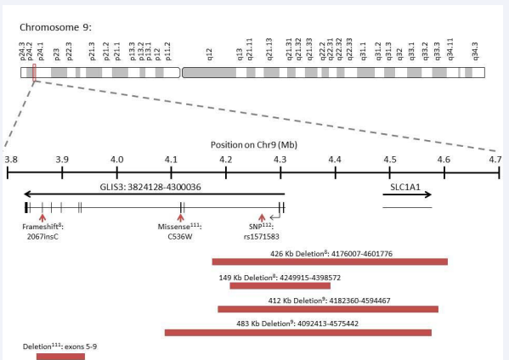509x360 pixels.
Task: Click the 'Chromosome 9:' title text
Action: tap(55, 27)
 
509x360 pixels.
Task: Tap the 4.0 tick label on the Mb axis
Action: tap(117, 160)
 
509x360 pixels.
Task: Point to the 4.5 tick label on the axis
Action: tap(389, 160)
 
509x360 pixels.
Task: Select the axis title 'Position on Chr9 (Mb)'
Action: tap(254, 144)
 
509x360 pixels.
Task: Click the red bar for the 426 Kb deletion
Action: tap(330, 262)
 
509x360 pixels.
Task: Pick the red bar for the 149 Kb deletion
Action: tap(280, 286)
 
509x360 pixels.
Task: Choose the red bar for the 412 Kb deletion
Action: tap(328, 309)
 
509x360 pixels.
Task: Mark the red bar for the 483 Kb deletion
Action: tap(298, 333)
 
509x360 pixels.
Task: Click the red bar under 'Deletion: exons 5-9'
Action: tap(60, 357)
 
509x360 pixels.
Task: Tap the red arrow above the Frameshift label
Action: tap(42, 217)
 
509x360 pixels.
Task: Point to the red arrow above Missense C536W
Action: tap(181, 217)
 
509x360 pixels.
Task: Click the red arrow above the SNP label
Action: tap(262, 217)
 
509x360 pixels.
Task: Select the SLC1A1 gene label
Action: tap(405, 187)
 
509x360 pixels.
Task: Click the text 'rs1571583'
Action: tap(262, 236)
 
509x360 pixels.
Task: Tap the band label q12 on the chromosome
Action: tap(209, 54)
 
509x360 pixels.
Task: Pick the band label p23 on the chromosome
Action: tap(56, 54)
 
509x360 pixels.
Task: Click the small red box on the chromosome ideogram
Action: tap(34, 72)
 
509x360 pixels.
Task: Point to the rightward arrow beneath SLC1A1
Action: tap(407, 194)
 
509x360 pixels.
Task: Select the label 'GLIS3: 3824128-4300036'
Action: tap(150, 187)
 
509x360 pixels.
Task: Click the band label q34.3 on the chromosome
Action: tap(475, 51)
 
